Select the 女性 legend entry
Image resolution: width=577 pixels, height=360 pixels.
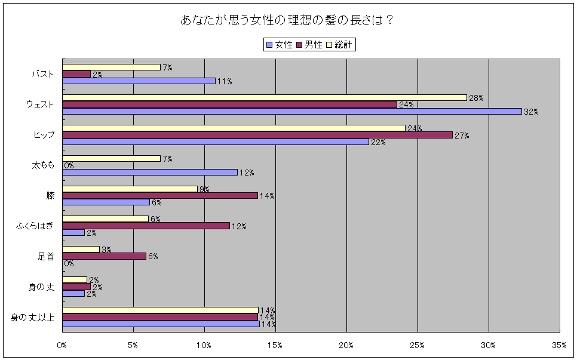pos(278,45)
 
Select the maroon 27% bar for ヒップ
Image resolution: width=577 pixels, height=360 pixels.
pos(257,135)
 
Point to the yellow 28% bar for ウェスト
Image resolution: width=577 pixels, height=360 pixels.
pos(264,97)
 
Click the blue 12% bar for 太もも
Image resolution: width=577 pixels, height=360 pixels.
pos(149,172)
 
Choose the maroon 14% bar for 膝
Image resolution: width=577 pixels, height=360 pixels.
pos(159,195)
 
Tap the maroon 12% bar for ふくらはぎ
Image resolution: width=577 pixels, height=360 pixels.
pos(146,226)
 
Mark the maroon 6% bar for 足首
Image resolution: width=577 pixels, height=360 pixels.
pos(104,256)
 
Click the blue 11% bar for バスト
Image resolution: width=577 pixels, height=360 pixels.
pos(139,81)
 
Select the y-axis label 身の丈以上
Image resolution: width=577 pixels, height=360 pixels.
pos(33,317)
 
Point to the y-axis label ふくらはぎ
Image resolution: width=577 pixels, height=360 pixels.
pos(35,226)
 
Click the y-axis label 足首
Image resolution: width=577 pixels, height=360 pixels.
pos(46,256)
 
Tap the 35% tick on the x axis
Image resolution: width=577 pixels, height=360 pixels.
pos(559,345)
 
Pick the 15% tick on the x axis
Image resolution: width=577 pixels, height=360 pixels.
pos(275,345)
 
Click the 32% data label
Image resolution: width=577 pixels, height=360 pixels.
pos(530,112)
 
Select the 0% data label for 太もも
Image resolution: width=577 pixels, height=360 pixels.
pos(69,165)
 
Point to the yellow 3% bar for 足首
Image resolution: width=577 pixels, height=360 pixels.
pos(81,249)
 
